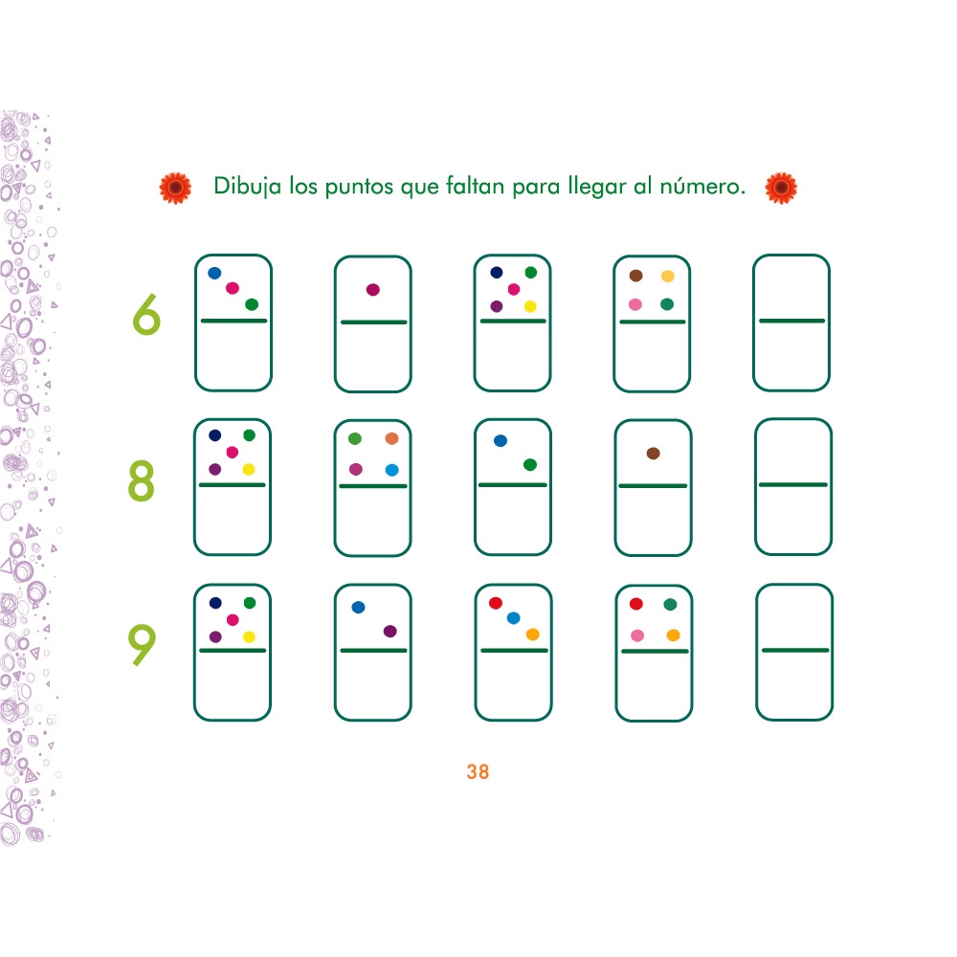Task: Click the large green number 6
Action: click(x=146, y=315)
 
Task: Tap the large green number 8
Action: click(x=141, y=481)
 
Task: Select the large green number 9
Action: click(x=142, y=644)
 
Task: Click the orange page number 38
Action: click(x=478, y=772)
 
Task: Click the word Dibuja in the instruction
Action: click(x=247, y=187)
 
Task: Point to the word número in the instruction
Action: click(x=702, y=186)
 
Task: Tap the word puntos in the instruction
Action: click(x=359, y=187)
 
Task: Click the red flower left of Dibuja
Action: click(x=175, y=188)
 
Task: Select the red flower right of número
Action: click(x=781, y=188)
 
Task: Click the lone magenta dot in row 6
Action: click(x=373, y=289)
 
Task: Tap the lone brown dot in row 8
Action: click(x=653, y=453)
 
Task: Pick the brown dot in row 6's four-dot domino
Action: click(x=636, y=276)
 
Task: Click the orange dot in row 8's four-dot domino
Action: click(x=391, y=438)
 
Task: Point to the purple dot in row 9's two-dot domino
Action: click(x=390, y=631)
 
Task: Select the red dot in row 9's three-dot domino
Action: click(x=496, y=603)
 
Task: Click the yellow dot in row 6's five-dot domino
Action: click(x=530, y=306)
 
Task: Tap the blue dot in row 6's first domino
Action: click(x=214, y=273)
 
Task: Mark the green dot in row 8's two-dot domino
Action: click(x=530, y=464)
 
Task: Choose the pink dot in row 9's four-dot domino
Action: click(x=637, y=635)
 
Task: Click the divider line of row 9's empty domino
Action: click(x=794, y=650)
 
